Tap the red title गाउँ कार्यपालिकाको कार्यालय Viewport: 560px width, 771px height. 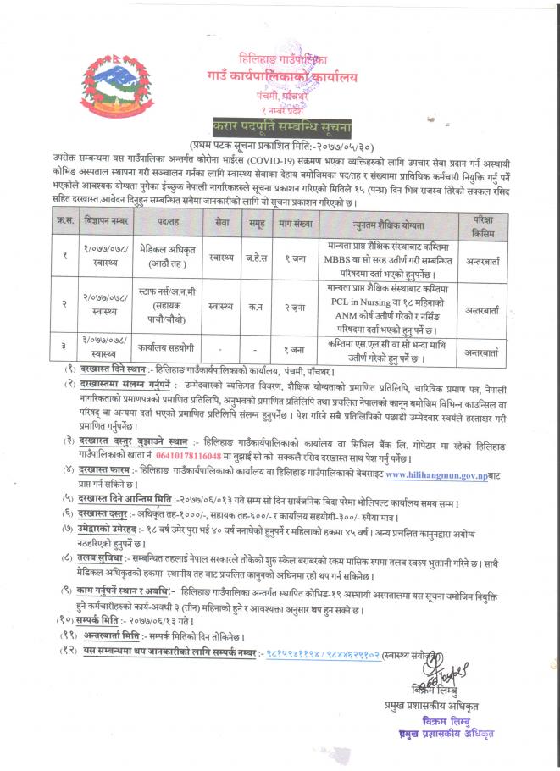click(x=280, y=80)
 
